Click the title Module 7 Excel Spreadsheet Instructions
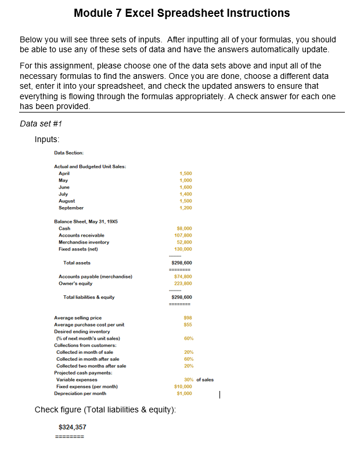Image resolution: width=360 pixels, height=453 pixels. [x=182, y=13]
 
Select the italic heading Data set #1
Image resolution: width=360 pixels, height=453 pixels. [x=41, y=124]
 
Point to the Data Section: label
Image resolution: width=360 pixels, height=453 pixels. [x=69, y=153]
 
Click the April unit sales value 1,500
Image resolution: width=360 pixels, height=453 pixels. [x=186, y=174]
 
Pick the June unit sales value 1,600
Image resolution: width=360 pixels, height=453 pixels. [x=186, y=187]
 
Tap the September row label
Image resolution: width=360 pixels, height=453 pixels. [x=71, y=208]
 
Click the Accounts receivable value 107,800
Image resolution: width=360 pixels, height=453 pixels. [x=183, y=235]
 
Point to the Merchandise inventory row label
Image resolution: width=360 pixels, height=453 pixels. [x=84, y=242]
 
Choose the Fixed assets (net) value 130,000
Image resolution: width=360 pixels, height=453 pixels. [x=183, y=249]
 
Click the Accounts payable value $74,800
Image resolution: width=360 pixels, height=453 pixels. [x=183, y=277]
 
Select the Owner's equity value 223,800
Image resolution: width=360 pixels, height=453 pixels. [x=183, y=284]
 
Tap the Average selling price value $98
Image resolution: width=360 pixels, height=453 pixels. [x=187, y=318]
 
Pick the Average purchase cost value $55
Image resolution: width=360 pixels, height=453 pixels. [x=187, y=325]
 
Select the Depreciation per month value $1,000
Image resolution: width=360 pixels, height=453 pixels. [x=184, y=393]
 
